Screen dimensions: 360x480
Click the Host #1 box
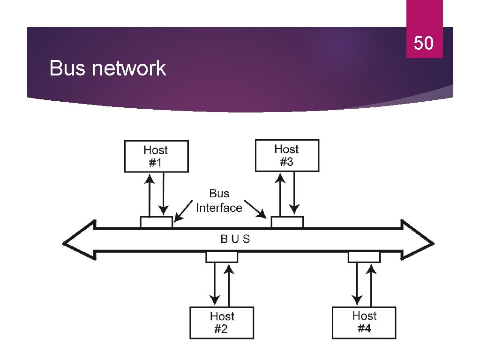coord(156,156)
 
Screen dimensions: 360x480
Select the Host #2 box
coord(222,322)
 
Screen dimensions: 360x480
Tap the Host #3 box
coord(287,155)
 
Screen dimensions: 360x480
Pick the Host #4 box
coord(364,322)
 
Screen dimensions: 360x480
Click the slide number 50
coord(423,44)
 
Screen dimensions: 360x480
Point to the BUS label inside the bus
coord(235,239)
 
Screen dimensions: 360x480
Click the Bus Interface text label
coord(219,201)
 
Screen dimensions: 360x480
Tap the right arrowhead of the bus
coord(418,240)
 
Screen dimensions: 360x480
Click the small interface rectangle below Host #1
coord(156,222)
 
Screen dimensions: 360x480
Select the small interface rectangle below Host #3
coord(287,222)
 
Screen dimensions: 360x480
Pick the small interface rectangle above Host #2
coord(222,257)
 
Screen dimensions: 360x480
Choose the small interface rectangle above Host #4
coord(364,257)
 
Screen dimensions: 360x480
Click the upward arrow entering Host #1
coord(149,195)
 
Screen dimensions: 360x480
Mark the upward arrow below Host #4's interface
coord(371,284)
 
